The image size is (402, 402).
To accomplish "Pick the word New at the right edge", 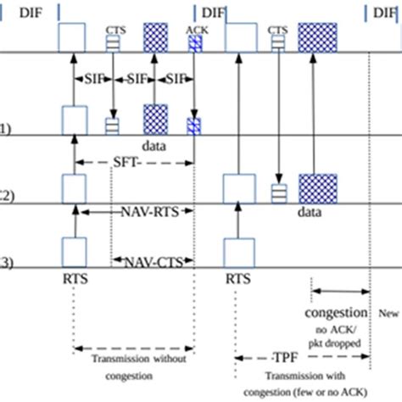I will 388,313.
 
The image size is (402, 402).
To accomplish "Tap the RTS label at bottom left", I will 74,276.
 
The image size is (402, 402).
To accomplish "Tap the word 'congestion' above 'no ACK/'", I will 337,311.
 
